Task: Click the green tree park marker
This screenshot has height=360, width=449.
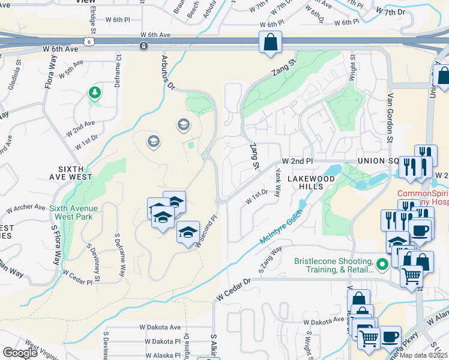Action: [x=94, y=92]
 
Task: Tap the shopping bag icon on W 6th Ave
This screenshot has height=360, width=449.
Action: [x=270, y=42]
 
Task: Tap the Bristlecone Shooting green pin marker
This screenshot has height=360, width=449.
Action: [x=382, y=263]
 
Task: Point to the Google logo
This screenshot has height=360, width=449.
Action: [x=20, y=353]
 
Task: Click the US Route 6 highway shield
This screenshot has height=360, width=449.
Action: [x=89, y=41]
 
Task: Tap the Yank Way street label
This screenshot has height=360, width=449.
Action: [x=278, y=183]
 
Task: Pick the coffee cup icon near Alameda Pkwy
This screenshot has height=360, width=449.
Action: [x=390, y=337]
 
